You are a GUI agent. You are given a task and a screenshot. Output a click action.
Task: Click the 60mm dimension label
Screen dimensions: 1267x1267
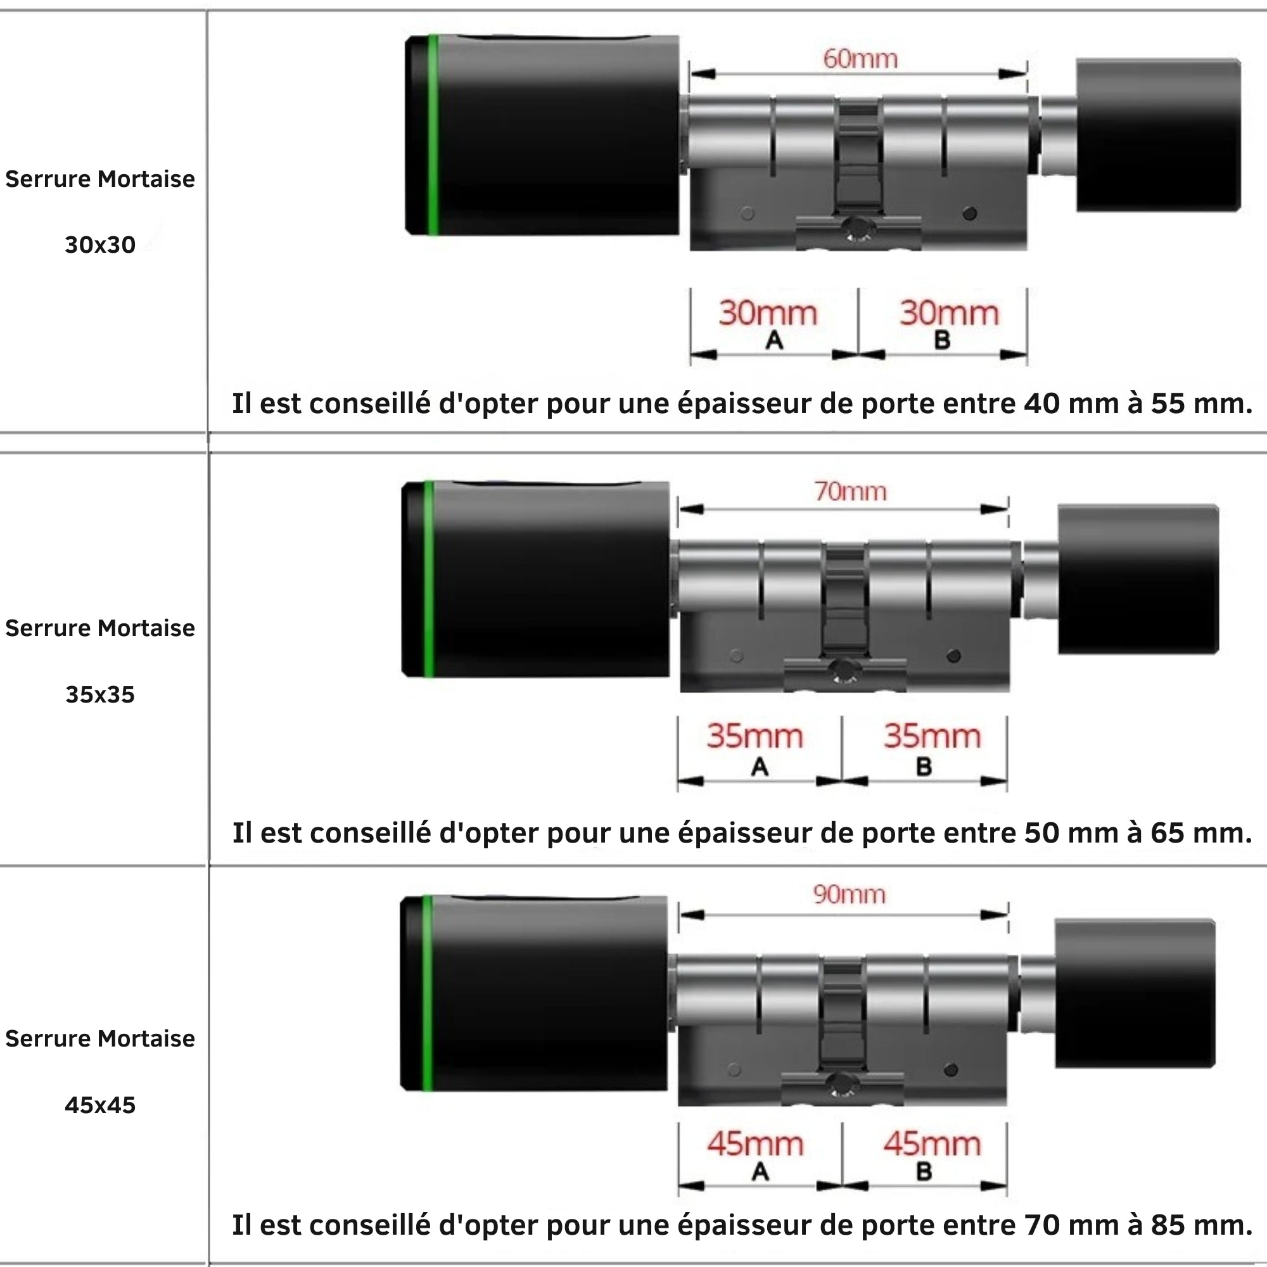(860, 60)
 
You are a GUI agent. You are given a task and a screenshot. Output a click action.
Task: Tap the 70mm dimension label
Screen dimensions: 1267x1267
(850, 492)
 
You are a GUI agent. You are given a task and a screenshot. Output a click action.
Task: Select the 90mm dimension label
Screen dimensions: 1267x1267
(850, 895)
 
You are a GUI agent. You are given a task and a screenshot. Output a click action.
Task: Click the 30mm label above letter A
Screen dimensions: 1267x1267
(768, 314)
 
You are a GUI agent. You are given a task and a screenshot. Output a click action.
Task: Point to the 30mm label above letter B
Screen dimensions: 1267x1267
(949, 314)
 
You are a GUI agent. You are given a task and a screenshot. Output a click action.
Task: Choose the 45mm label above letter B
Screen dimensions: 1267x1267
(932, 1144)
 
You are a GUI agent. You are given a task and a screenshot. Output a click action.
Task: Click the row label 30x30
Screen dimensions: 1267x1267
(100, 245)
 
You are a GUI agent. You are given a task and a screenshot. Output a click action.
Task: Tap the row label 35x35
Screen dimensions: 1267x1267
(100, 694)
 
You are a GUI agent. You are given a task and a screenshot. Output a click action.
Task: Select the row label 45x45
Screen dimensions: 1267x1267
(100, 1105)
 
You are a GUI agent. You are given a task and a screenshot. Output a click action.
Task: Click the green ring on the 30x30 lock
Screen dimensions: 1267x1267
(433, 134)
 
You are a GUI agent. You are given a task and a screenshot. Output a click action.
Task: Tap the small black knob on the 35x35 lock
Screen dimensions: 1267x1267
(1138, 579)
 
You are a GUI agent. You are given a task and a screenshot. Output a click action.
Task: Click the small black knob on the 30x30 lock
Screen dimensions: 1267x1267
(1158, 135)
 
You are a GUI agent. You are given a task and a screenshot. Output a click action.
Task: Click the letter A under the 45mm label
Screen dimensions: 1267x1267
(760, 1171)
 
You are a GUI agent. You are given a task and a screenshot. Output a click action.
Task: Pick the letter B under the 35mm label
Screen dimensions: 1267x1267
(924, 766)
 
